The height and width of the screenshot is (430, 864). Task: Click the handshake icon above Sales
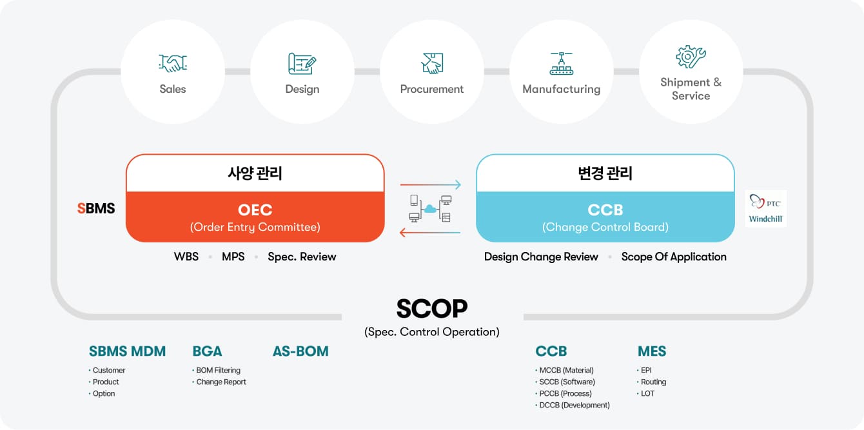pyautogui.click(x=173, y=63)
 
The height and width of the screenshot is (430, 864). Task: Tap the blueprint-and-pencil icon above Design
pyautogui.click(x=302, y=64)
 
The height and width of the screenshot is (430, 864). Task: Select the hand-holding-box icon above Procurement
pyautogui.click(x=432, y=63)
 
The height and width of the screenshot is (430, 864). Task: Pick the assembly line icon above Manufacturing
pyautogui.click(x=561, y=63)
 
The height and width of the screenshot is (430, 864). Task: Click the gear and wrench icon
pyautogui.click(x=691, y=57)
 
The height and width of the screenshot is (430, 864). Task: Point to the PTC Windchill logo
pyautogui.click(x=765, y=209)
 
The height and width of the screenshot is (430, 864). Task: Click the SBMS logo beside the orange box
pyautogui.click(x=96, y=208)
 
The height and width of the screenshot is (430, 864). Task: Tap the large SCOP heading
pyautogui.click(x=432, y=309)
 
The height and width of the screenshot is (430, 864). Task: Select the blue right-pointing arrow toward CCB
pyautogui.click(x=431, y=185)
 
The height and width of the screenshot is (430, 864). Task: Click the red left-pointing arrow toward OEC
pyautogui.click(x=429, y=233)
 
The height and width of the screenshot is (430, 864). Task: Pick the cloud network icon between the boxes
pyautogui.click(x=430, y=209)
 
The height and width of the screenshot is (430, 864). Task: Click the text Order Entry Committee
pyautogui.click(x=255, y=227)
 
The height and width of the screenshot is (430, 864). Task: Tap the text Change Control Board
pyautogui.click(x=605, y=227)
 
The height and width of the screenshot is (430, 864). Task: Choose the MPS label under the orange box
pyautogui.click(x=233, y=257)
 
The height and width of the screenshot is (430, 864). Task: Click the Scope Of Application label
pyautogui.click(x=674, y=257)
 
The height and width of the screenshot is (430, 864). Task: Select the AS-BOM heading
pyautogui.click(x=300, y=351)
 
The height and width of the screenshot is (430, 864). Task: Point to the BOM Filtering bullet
pyautogui.click(x=217, y=370)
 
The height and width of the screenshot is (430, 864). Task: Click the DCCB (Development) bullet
pyautogui.click(x=573, y=406)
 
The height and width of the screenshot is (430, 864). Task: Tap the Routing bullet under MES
pyautogui.click(x=651, y=382)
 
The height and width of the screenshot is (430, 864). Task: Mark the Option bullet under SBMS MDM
pyautogui.click(x=102, y=394)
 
